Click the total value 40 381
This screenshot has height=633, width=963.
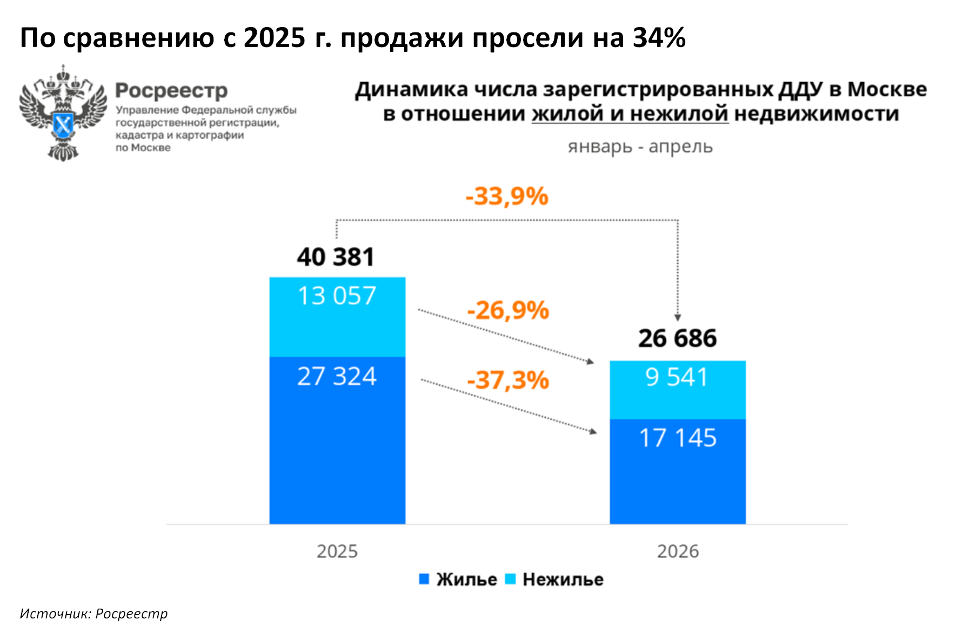[x=336, y=257]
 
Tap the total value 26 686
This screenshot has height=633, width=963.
[x=678, y=338]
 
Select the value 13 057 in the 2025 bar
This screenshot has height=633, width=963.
[x=337, y=296]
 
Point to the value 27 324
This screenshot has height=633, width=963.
[x=337, y=376]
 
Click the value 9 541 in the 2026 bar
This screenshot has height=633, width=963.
[x=677, y=377]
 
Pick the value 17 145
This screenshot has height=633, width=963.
[x=678, y=438]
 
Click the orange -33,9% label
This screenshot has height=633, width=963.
[x=507, y=196]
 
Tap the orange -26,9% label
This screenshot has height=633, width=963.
[x=508, y=310]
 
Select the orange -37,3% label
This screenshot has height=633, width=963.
[x=508, y=380]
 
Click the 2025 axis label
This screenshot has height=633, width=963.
[x=337, y=551]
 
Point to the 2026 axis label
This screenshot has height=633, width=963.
[x=678, y=551]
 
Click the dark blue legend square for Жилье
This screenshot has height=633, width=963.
[x=424, y=579]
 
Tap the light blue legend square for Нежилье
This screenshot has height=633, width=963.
[x=510, y=579]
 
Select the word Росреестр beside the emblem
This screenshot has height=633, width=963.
[x=171, y=91]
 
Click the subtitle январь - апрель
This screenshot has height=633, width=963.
[x=640, y=146]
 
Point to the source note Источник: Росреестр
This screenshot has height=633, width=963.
[x=93, y=614]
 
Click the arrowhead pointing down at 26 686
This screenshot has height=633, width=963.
[x=678, y=317]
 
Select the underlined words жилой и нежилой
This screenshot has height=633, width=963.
[x=630, y=114]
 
